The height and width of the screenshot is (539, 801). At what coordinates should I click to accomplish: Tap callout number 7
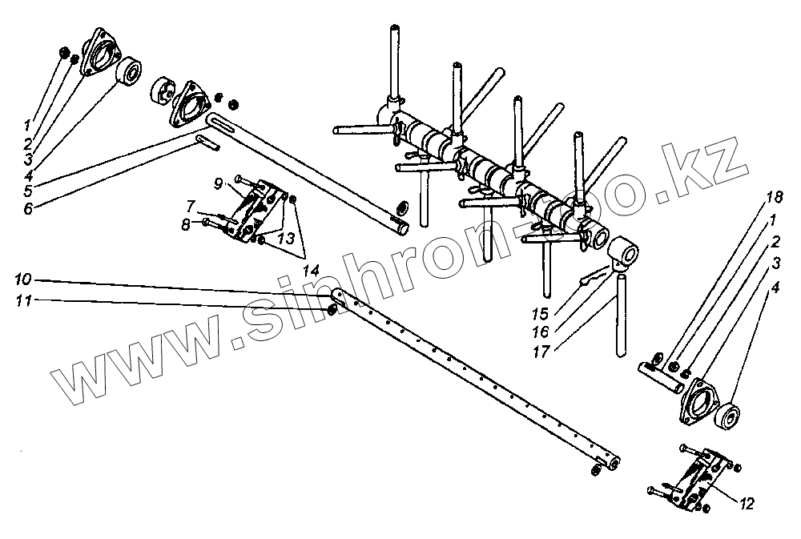pyautogui.click(x=190, y=205)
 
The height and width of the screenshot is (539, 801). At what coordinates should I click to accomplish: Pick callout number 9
pyautogui.click(x=217, y=183)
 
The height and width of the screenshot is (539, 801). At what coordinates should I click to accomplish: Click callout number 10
pyautogui.click(x=22, y=280)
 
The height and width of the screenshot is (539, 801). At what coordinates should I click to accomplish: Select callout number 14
pyautogui.click(x=311, y=272)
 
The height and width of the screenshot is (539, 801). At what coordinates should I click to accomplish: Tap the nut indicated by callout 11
pyautogui.click(x=332, y=308)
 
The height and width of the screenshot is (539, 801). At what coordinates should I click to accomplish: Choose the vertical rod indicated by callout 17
pyautogui.click(x=618, y=316)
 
